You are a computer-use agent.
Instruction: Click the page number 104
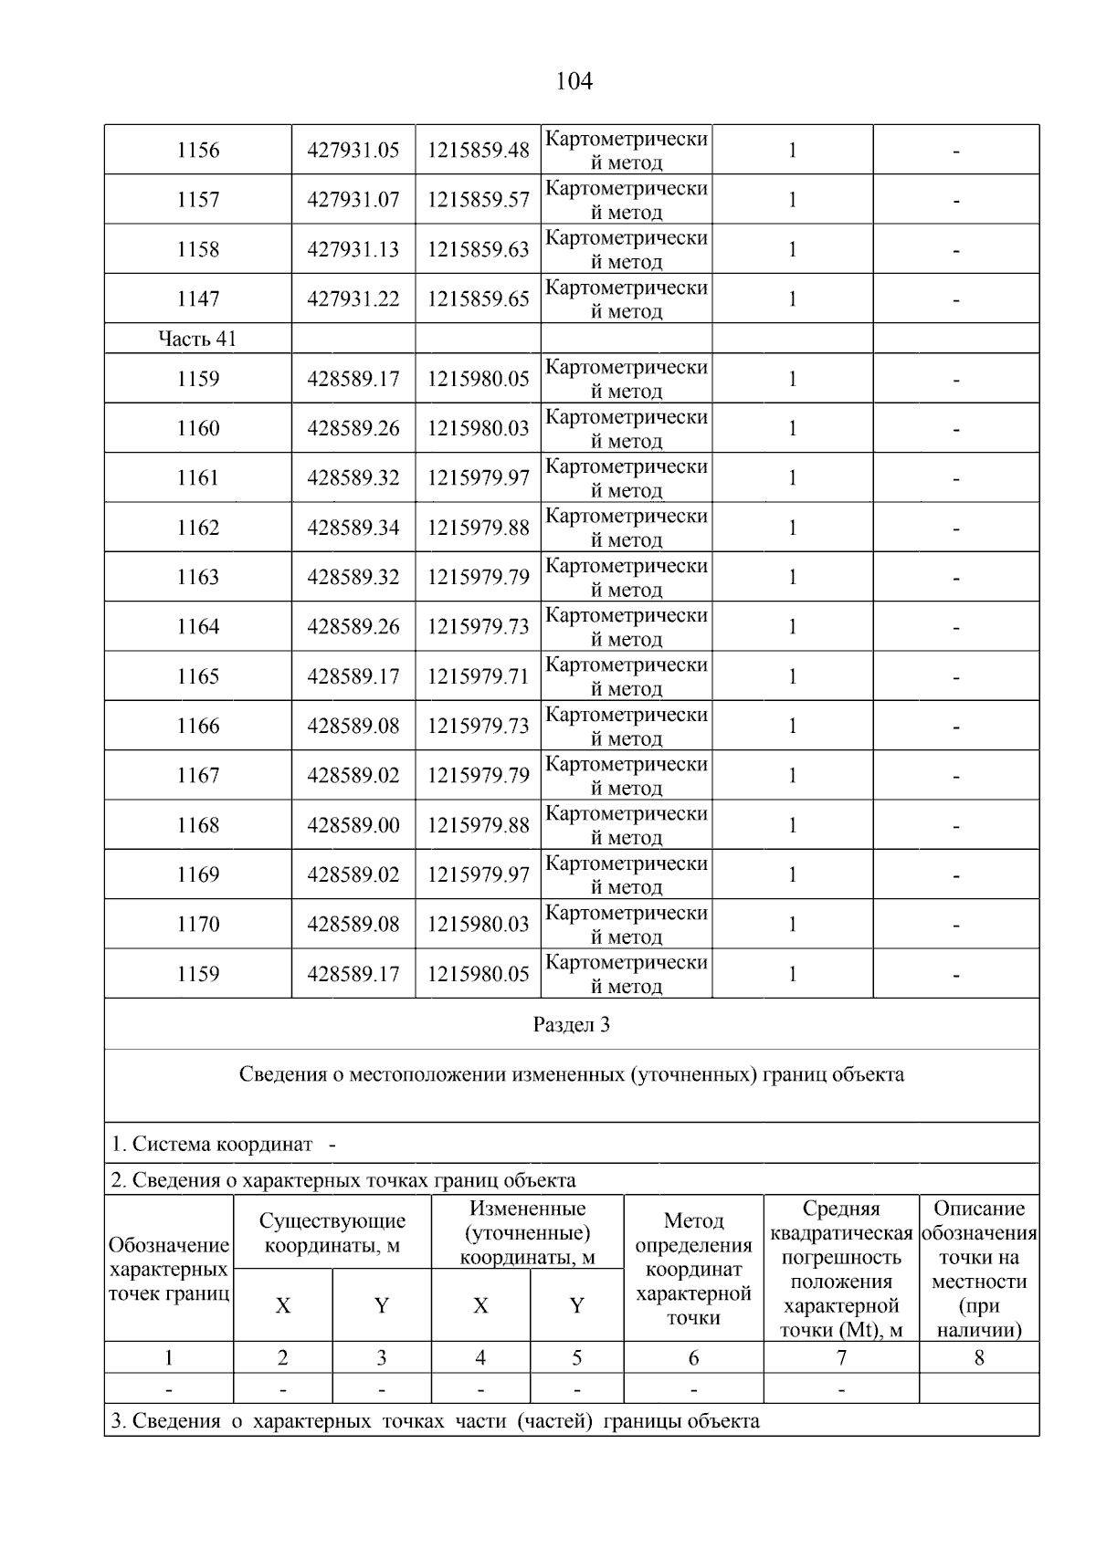point(574,82)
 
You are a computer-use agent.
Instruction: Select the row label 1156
point(198,150)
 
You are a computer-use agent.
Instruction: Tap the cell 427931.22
point(353,298)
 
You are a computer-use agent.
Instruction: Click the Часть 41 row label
point(197,339)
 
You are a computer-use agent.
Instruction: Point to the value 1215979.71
point(478,676)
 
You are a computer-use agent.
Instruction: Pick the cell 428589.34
point(353,528)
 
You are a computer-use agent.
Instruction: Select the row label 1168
point(198,825)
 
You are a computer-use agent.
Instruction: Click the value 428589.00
point(353,825)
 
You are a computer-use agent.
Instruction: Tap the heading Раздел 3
point(571,1024)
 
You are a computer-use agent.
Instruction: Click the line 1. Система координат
point(212,1144)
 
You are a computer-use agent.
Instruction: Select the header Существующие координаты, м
point(332,1233)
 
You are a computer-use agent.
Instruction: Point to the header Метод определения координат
point(693,1269)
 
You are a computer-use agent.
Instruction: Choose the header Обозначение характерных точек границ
point(169,1269)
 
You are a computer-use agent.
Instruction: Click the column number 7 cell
point(841,1358)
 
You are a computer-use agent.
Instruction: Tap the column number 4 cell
point(480,1358)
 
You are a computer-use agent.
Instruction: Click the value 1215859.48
point(478,150)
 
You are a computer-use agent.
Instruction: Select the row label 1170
point(198,924)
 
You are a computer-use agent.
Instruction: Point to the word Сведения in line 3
point(174,1421)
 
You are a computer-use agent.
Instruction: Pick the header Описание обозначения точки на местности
point(979,1269)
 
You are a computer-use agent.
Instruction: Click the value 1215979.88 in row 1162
point(478,528)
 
